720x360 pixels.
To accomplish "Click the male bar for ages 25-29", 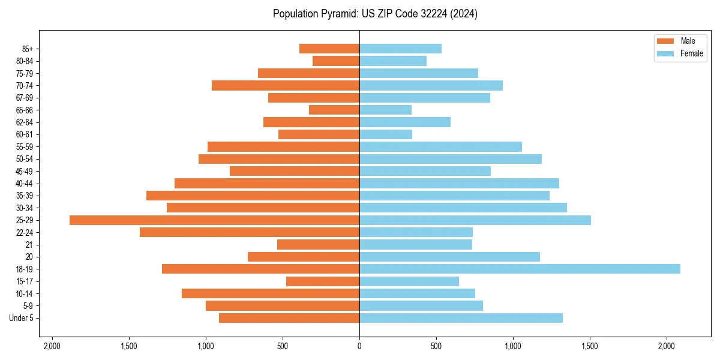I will (214, 220).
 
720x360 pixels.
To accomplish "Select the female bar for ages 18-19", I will (520, 269).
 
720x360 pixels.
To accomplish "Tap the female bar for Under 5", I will (461, 318).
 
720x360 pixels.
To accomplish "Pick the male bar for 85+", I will (329, 49).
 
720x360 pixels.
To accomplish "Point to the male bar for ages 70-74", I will (286, 86).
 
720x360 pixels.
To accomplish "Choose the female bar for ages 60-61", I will (386, 134).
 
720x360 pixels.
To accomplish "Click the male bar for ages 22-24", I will (250, 232).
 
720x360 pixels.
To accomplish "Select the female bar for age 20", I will (449, 257).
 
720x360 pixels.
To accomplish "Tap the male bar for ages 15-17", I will (323, 281).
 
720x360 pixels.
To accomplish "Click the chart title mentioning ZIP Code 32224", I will (375, 14).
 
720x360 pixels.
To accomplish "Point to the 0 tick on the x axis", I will (359, 346).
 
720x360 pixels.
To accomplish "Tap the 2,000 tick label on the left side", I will (52, 346).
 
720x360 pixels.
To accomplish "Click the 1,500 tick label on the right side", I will (590, 346).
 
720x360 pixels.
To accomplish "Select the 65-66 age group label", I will (25, 110).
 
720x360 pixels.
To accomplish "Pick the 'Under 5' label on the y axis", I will (21, 318).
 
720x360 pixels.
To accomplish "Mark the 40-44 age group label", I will (25, 184).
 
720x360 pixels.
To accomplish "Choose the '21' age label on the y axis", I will (29, 245).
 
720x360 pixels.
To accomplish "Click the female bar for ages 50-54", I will (451, 159).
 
